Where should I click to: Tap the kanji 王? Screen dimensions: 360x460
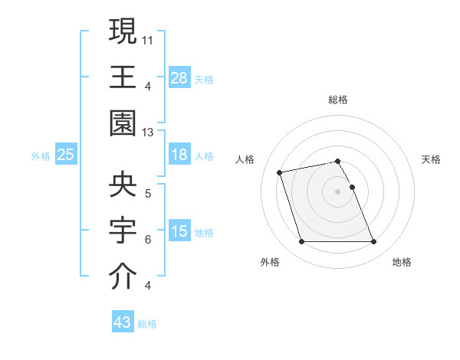point(123,77)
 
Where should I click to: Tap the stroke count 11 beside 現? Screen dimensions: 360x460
point(148,38)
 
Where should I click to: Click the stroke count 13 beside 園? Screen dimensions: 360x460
point(148,133)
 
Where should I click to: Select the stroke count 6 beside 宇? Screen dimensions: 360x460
point(148,240)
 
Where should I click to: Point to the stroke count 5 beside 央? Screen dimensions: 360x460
point(148,193)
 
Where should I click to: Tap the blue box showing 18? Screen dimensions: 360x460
point(179,155)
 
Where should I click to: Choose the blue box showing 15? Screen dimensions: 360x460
point(179,231)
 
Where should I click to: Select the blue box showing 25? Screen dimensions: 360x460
point(65,155)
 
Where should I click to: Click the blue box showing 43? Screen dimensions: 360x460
point(123,322)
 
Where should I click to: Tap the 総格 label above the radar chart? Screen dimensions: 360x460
point(338,100)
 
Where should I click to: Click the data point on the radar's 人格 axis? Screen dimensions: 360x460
point(280,172)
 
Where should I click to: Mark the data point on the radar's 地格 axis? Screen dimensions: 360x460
point(373,242)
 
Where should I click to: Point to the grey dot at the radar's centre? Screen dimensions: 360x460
point(338,191)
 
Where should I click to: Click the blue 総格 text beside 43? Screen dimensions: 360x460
point(147,324)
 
